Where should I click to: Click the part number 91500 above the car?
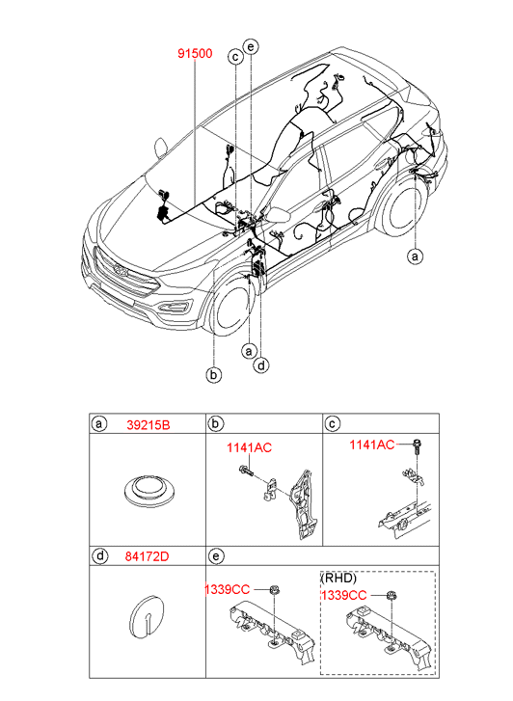(x=195, y=54)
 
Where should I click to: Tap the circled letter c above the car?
(x=235, y=57)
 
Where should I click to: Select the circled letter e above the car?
(x=251, y=46)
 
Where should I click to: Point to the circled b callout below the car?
(x=214, y=374)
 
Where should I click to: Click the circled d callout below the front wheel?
(x=261, y=365)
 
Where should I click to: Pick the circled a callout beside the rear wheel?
(x=415, y=256)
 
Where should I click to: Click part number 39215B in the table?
(x=148, y=424)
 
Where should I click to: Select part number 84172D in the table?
(x=148, y=556)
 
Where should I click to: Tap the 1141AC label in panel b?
(x=249, y=447)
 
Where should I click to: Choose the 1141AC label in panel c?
(x=372, y=445)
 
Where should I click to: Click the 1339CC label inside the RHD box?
(x=343, y=595)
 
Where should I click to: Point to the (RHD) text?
(x=338, y=578)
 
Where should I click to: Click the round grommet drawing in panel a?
(x=148, y=491)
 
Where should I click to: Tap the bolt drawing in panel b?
(x=247, y=471)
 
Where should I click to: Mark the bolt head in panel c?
(x=418, y=444)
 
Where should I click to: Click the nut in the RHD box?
(x=392, y=596)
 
